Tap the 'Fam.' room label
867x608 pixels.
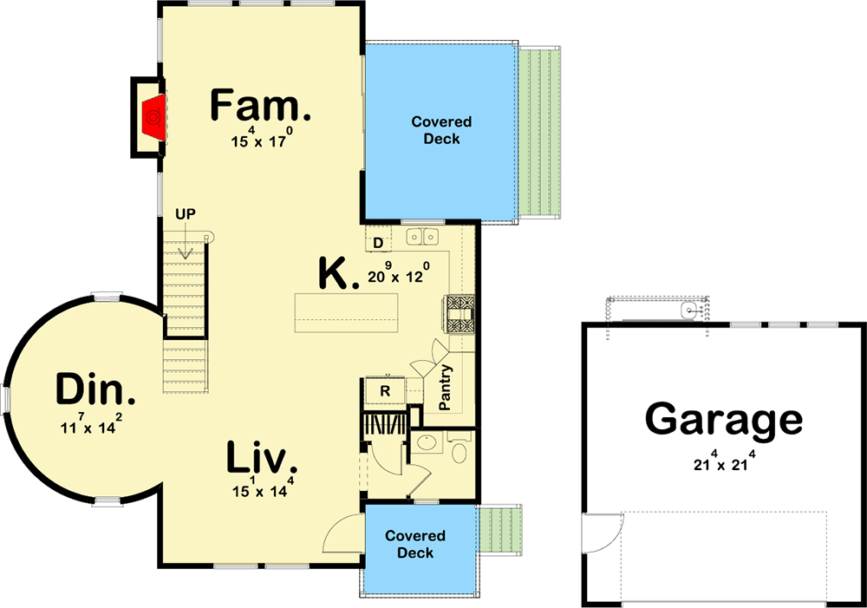260,107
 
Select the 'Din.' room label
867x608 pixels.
95,391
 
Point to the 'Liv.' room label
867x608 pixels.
262,458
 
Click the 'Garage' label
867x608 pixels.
723,420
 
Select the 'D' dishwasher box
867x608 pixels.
378,242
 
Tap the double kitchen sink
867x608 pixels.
423,236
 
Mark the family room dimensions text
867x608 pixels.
261,139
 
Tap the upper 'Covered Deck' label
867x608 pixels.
441,130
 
